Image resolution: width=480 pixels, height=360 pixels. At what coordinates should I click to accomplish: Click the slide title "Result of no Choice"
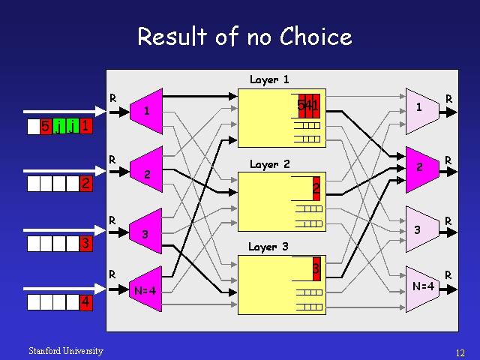(x=244, y=36)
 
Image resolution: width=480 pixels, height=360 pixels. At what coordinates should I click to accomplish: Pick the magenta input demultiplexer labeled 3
(x=146, y=233)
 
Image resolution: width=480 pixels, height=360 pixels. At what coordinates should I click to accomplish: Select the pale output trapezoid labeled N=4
(x=421, y=286)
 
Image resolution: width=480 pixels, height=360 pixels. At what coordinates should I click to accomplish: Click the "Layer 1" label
(x=269, y=79)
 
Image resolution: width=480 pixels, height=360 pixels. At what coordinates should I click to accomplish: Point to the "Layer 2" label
(x=269, y=163)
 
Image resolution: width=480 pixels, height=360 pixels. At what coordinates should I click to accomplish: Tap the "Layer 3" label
(x=268, y=246)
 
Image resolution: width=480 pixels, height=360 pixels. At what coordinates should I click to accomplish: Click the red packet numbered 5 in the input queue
(x=46, y=127)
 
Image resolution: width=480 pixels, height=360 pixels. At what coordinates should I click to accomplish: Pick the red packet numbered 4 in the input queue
(x=86, y=302)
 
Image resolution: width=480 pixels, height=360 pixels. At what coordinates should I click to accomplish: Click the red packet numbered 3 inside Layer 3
(x=316, y=268)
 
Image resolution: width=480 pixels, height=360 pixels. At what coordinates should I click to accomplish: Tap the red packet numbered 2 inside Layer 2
(x=316, y=187)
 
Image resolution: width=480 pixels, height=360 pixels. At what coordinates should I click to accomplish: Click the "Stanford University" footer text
(x=66, y=351)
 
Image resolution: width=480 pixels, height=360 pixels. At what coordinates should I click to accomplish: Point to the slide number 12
(x=460, y=352)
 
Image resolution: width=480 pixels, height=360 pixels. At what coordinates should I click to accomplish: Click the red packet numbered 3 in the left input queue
(x=86, y=244)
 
